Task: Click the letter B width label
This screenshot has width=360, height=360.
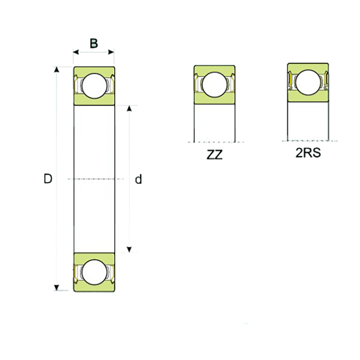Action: tap(94, 43)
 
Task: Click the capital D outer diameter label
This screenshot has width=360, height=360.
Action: tap(48, 179)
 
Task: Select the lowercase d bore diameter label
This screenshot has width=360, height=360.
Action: tap(138, 179)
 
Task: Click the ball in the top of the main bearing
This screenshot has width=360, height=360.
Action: tap(94, 86)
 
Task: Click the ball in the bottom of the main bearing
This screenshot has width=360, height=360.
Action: tap(94, 272)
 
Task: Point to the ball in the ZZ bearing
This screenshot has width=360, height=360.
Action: tap(214, 84)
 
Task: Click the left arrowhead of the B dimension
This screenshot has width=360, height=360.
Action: tap(76, 52)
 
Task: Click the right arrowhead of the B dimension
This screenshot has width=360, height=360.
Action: tap(111, 52)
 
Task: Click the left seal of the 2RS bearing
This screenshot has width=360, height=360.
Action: tap(291, 80)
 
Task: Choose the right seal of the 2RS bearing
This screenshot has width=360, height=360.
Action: tap(326, 80)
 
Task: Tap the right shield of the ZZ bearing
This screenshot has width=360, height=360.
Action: tap(231, 82)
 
